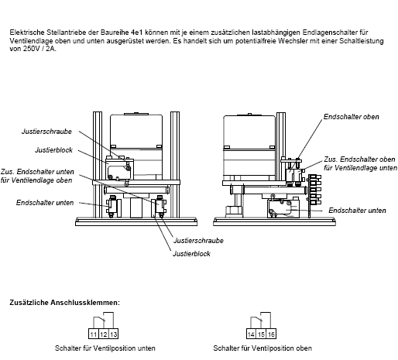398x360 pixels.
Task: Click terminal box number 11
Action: pos(94,334)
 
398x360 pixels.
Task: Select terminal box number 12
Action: pos(104,334)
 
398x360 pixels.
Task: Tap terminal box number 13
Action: pos(113,334)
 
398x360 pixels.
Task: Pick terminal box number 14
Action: pos(252,334)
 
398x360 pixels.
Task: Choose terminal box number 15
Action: pos(261,334)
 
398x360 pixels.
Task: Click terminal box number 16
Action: pos(271,334)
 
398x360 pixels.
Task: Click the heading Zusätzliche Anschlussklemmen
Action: pos(65,303)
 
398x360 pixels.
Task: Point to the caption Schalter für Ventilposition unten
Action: pos(105,348)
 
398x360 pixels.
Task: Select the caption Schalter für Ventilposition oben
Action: pos(262,348)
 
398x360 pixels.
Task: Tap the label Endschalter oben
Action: pos(352,117)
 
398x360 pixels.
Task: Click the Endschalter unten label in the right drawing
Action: pos(357,211)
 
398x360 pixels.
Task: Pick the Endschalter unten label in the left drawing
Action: pos(45,203)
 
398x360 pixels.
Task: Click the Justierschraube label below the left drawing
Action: pos(198,241)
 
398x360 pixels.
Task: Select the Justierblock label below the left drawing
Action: pos(191,254)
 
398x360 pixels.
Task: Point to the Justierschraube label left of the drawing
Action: pos(46,132)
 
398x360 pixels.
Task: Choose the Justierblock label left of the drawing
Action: pos(53,150)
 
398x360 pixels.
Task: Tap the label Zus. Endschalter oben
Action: pos(359,159)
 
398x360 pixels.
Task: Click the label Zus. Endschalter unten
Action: pos(37,172)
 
